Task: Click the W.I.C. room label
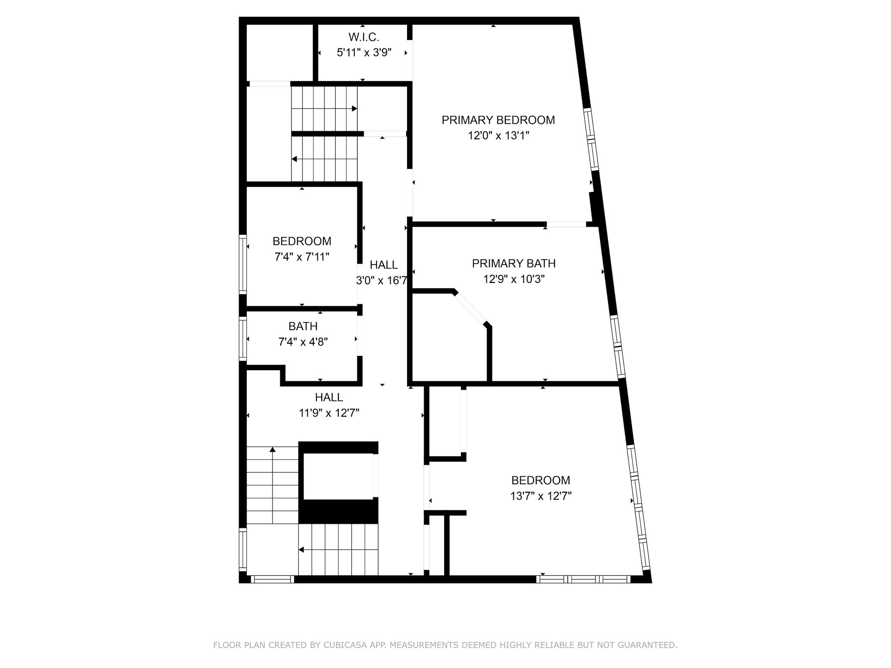pos(364,37)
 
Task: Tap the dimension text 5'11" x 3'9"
pos(364,52)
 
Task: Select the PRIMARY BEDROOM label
pos(498,120)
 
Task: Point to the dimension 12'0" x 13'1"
pos(498,136)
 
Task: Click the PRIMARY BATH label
pos(514,263)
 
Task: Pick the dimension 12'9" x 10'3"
pos(514,279)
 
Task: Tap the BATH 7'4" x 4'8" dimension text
pos(303,342)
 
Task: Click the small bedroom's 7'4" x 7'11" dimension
pos(302,257)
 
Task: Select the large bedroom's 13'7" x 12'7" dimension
pos(541,496)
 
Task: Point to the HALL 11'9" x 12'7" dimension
pos(329,413)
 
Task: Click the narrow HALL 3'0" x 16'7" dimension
pos(382,281)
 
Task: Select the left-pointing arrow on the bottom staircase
pos(339,550)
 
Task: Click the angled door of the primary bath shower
pos(470,308)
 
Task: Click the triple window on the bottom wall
pos(583,579)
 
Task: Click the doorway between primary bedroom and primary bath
pos(566,225)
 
